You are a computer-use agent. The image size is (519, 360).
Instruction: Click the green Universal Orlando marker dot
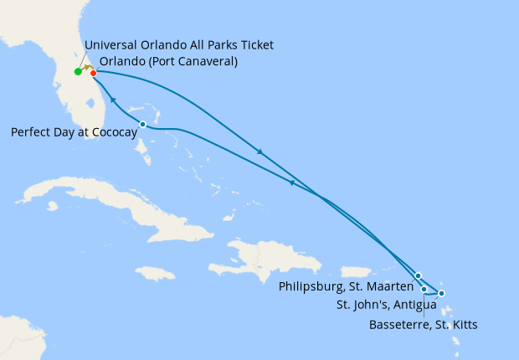point(78,72)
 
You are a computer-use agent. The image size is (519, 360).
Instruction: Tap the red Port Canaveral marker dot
point(93,73)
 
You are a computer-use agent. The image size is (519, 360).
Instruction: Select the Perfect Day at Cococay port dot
point(142,125)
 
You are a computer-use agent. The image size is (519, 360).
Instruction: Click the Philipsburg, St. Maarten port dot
point(418,275)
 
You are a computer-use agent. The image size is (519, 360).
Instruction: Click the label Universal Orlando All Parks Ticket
point(179,44)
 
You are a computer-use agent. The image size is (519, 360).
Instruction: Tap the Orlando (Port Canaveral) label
point(168,61)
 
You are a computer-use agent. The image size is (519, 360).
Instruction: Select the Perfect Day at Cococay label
point(74,131)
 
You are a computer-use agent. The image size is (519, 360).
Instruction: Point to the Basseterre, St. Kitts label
point(423,324)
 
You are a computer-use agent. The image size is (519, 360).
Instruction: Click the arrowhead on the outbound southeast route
point(260,152)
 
